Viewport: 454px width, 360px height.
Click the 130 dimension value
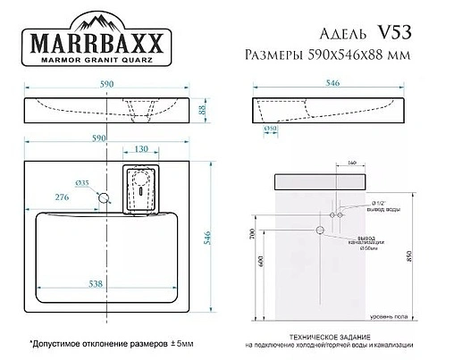(141, 149)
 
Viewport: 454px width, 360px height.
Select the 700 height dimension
(254, 237)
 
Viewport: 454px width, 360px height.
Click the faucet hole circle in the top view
(104, 196)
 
